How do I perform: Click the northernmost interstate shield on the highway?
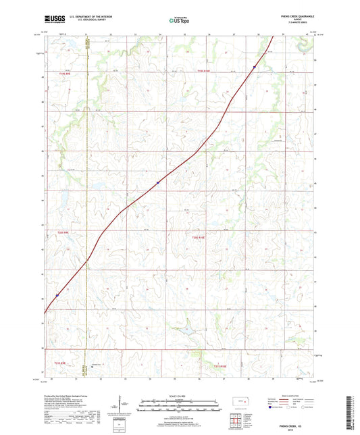pyautogui.click(x=254, y=67)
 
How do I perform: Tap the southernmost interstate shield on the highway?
pyautogui.click(x=57, y=295)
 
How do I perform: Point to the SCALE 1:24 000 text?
pyautogui.click(x=179, y=396)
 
